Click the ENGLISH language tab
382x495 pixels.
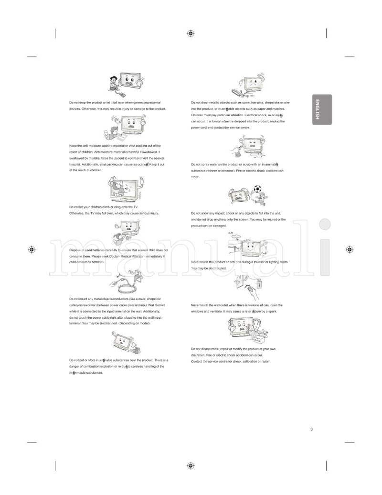[x=321, y=109]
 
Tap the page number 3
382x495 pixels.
[x=311, y=429]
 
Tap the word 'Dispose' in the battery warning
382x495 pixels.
[x=75, y=250]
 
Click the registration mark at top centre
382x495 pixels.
[x=191, y=33]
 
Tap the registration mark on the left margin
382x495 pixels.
[x=32, y=249]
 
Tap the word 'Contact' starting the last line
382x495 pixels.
[x=197, y=361]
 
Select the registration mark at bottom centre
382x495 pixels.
[x=191, y=465]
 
